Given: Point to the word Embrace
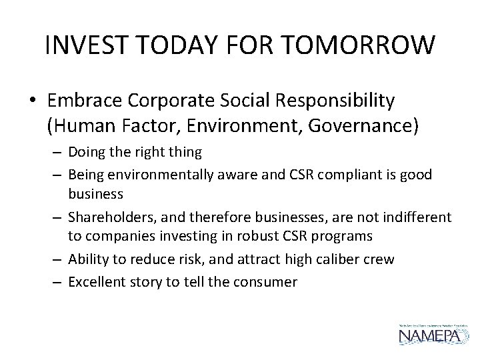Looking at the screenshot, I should point(81,101).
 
